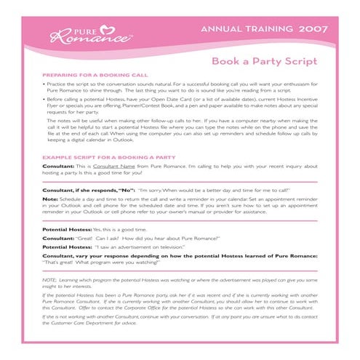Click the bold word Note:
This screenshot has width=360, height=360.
50,199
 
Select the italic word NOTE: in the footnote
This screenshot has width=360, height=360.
50,280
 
